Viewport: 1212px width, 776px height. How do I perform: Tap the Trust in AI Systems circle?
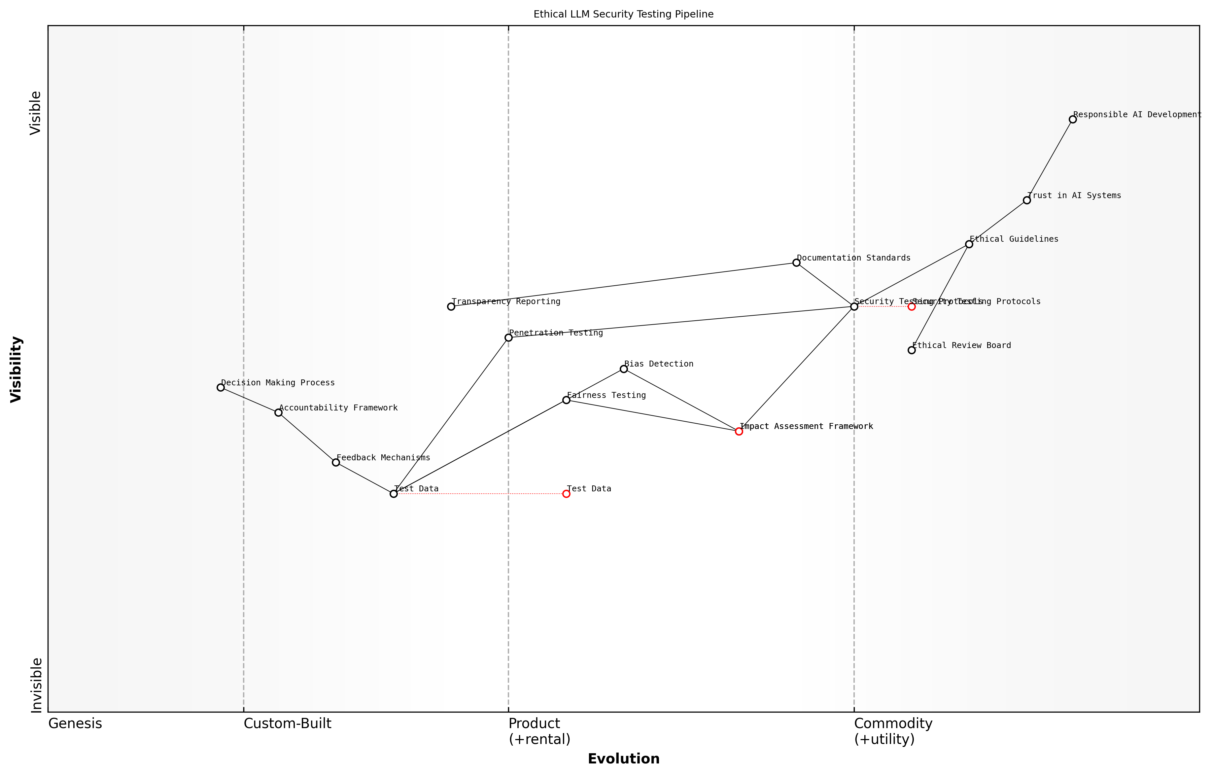[x=1027, y=200]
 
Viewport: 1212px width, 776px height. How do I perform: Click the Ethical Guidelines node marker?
[x=969, y=244]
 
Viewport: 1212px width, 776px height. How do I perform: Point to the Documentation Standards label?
[x=853, y=258]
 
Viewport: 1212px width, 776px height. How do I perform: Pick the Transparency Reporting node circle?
[x=451, y=306]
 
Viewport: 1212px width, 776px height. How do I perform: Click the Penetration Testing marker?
[x=508, y=337]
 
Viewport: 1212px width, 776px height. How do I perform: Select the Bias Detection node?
[x=624, y=369]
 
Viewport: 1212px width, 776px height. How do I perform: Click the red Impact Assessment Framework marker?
[x=739, y=431]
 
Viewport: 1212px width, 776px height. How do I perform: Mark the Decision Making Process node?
[x=221, y=387]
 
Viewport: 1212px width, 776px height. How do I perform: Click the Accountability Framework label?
[x=338, y=408]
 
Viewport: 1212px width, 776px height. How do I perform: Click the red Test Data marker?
[x=566, y=494]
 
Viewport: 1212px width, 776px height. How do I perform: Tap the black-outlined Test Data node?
[x=394, y=494]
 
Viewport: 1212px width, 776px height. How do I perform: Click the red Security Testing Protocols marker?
[x=911, y=306]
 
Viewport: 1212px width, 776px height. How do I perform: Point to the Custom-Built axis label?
[x=287, y=723]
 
